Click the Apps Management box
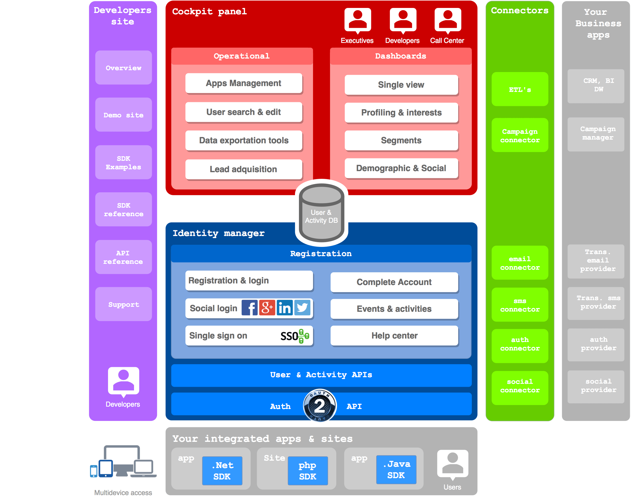pyautogui.click(x=244, y=83)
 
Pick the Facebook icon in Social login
pyautogui.click(x=249, y=308)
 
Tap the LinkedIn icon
pyautogui.click(x=284, y=308)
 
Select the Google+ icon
pyautogui.click(x=267, y=308)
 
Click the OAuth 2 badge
pyautogui.click(x=320, y=406)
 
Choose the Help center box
pyautogui.click(x=394, y=336)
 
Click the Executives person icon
pyautogui.click(x=358, y=20)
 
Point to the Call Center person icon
pyautogui.click(x=448, y=20)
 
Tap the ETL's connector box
pyautogui.click(x=520, y=89)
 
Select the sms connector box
pyautogui.click(x=520, y=305)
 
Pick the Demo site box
pyautogui.click(x=123, y=115)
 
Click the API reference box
pyautogui.click(x=123, y=257)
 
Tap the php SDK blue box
pyautogui.click(x=307, y=471)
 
